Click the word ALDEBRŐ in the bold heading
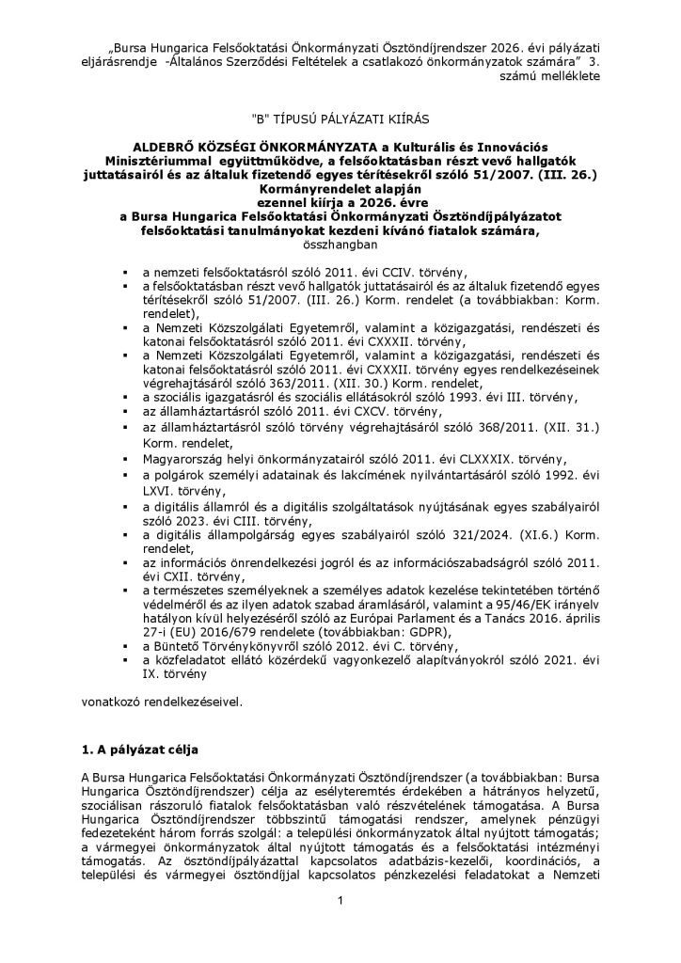pos(166,149)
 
